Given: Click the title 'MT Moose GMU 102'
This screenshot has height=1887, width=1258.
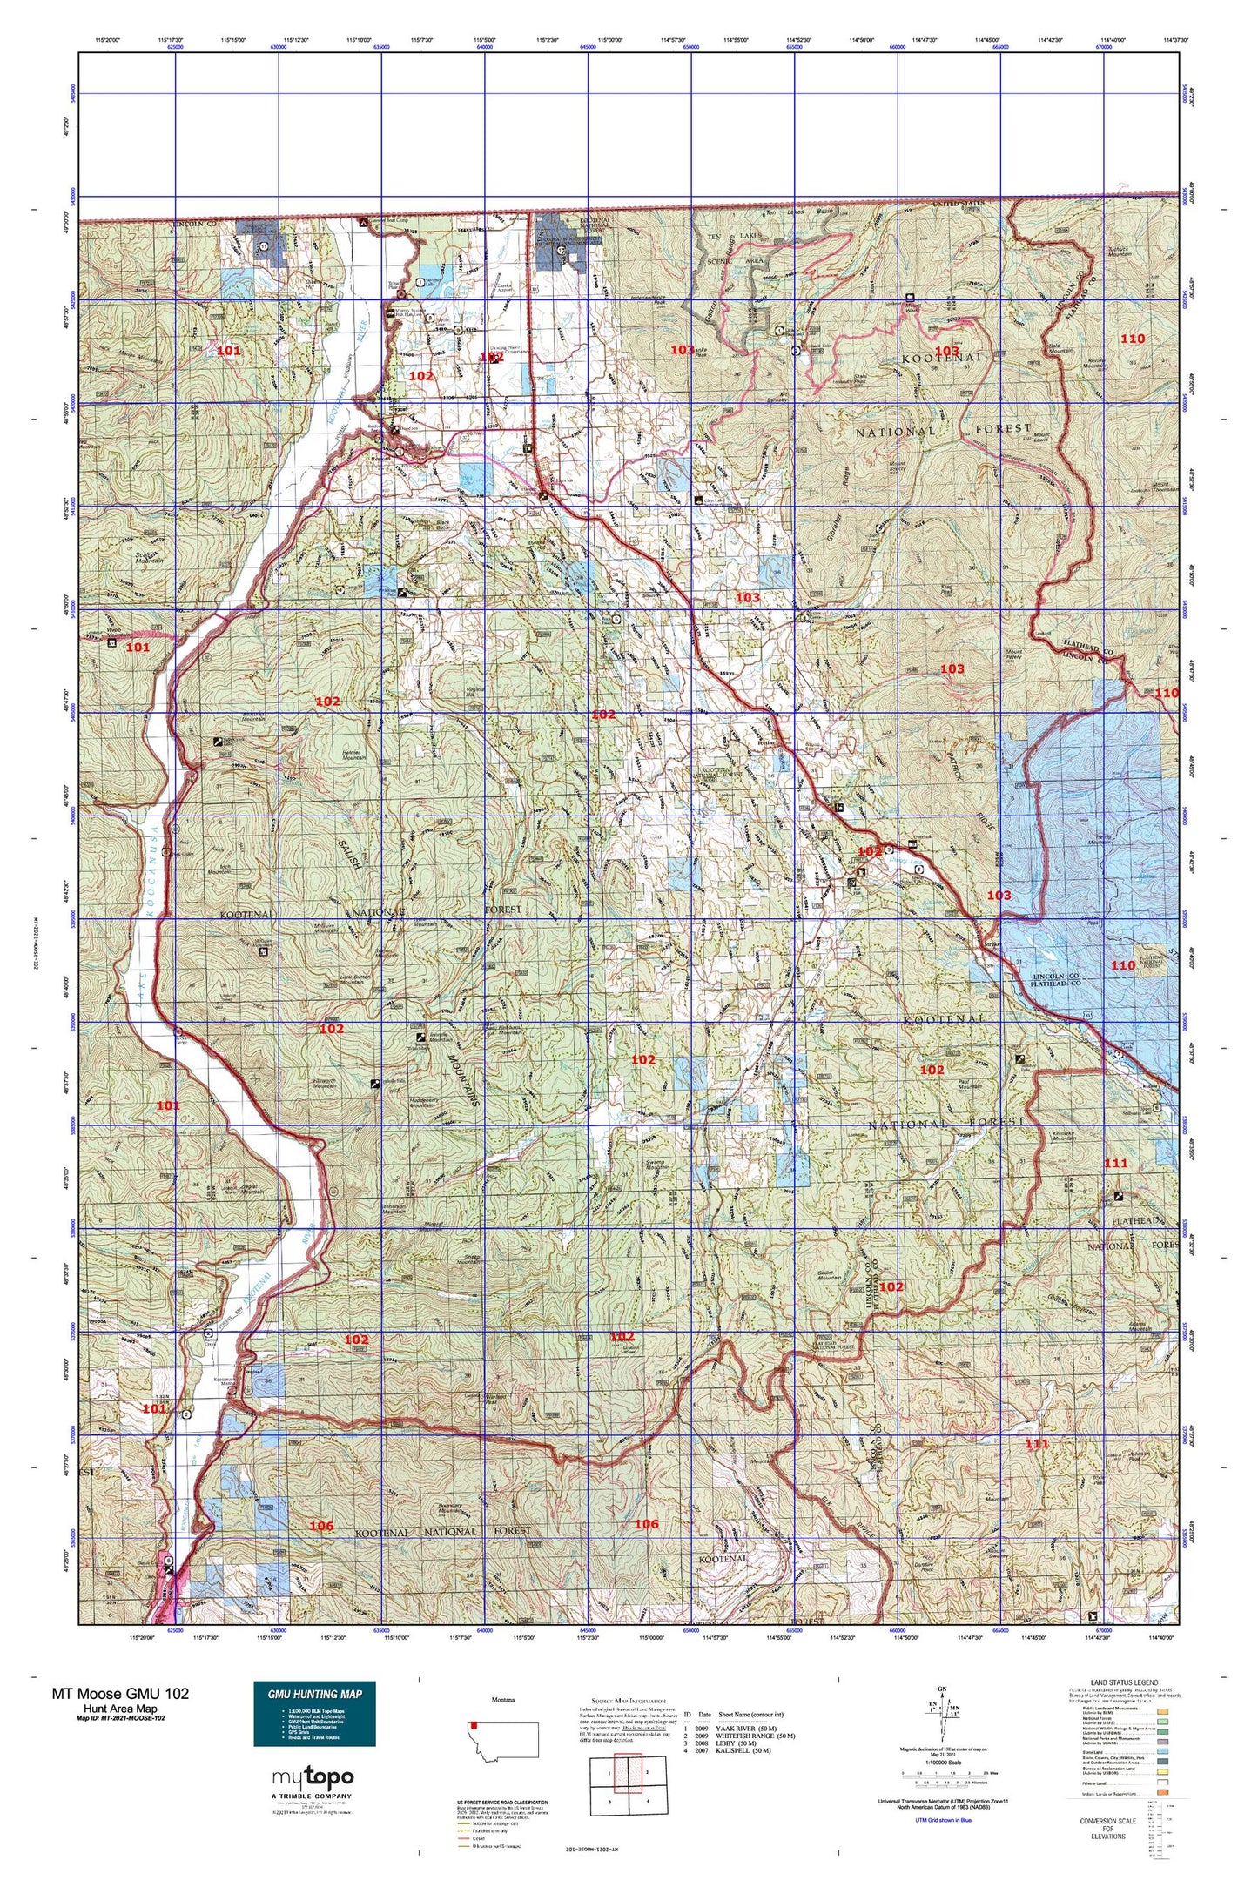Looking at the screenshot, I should tap(120, 1693).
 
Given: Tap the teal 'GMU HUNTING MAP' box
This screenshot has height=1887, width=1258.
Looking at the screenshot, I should tap(314, 1713).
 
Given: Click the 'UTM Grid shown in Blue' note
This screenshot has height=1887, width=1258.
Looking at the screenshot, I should tap(943, 1820).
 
